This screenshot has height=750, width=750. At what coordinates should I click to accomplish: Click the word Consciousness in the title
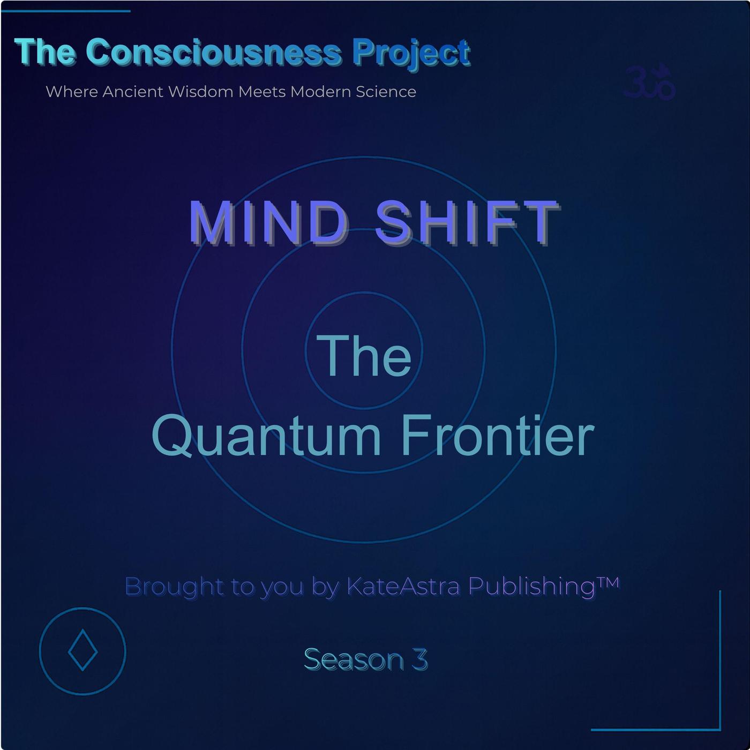214,52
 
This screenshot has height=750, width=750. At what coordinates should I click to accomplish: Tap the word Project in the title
411,55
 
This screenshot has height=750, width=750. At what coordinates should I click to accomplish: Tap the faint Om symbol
649,82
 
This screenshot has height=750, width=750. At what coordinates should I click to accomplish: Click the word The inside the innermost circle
364,356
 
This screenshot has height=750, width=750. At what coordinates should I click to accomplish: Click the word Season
354,659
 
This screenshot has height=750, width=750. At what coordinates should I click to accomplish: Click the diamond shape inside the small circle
82,650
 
